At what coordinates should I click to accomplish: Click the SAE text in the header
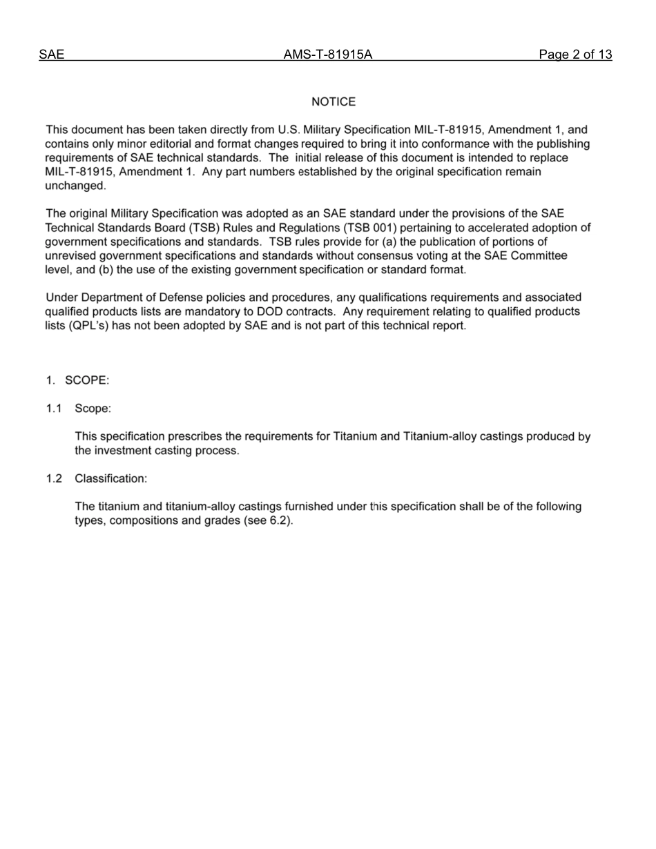52,55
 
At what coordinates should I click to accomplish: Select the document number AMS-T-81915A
328,55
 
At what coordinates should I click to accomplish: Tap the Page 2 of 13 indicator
575,55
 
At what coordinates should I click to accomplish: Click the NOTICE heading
334,102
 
